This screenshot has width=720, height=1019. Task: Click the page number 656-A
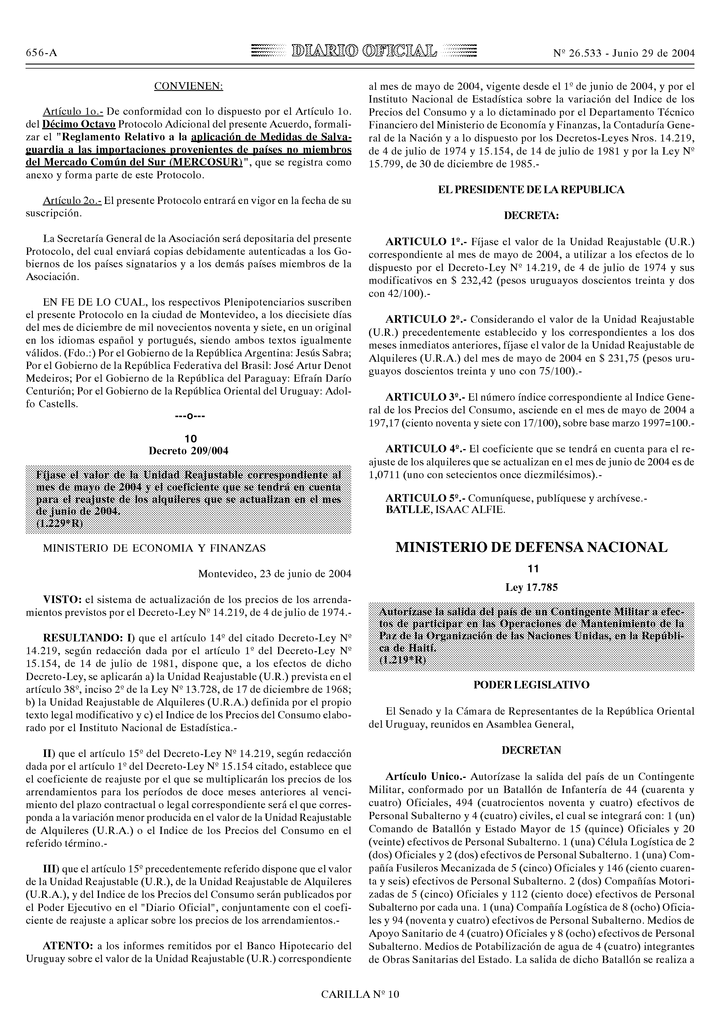(41, 53)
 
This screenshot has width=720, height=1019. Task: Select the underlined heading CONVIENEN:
(188, 86)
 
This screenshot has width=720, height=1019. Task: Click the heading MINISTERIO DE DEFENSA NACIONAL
(531, 548)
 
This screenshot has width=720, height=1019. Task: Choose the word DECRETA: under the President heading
(531, 216)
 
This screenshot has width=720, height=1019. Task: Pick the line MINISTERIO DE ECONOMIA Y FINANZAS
(154, 548)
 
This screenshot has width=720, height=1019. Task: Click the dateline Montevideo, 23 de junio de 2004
(275, 574)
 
